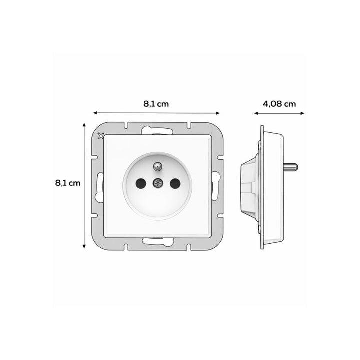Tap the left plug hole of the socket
tap(140, 184)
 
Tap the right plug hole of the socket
tap(174, 184)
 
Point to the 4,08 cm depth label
tap(279, 104)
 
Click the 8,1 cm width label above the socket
tap(156, 104)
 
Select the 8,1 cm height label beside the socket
tap(68, 183)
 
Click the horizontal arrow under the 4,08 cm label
tap(279, 113)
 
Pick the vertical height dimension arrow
tap(84, 185)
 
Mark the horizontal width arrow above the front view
tap(156, 113)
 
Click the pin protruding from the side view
tap(291, 166)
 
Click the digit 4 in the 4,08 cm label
tap(265, 104)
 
